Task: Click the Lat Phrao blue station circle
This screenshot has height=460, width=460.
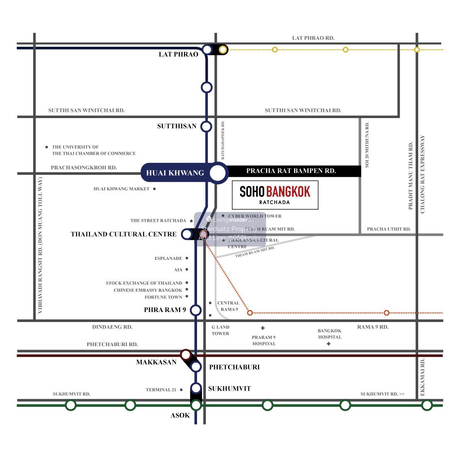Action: pos(207,49)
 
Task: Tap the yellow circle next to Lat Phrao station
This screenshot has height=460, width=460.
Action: pos(223,49)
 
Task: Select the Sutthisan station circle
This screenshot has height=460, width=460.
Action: pos(207,127)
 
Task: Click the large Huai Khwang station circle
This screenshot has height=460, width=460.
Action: pos(218,173)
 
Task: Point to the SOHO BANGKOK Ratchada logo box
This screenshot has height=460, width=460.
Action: pos(275,195)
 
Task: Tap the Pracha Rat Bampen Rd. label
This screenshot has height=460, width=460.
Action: pos(291,171)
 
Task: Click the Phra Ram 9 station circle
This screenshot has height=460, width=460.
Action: pos(196,310)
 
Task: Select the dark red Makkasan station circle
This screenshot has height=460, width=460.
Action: pos(186,355)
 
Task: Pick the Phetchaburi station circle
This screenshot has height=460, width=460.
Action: pos(196,367)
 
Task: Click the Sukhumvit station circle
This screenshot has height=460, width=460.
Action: pos(196,388)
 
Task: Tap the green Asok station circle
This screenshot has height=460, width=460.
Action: pos(196,405)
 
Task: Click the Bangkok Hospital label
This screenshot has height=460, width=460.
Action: pos(330,334)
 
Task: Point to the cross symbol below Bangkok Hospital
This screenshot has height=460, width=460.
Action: pos(329,344)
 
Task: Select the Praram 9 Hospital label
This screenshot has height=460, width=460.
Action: pos(264,340)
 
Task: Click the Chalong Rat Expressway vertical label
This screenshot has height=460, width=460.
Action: pos(423,174)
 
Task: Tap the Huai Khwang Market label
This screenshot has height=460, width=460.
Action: pos(122,189)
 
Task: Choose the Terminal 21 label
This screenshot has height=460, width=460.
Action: pos(161,390)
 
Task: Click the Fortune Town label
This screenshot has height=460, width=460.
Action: pos(163,297)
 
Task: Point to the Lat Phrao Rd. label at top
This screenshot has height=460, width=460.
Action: pos(313,38)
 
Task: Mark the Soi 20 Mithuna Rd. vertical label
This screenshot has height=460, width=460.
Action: pos(367,145)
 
